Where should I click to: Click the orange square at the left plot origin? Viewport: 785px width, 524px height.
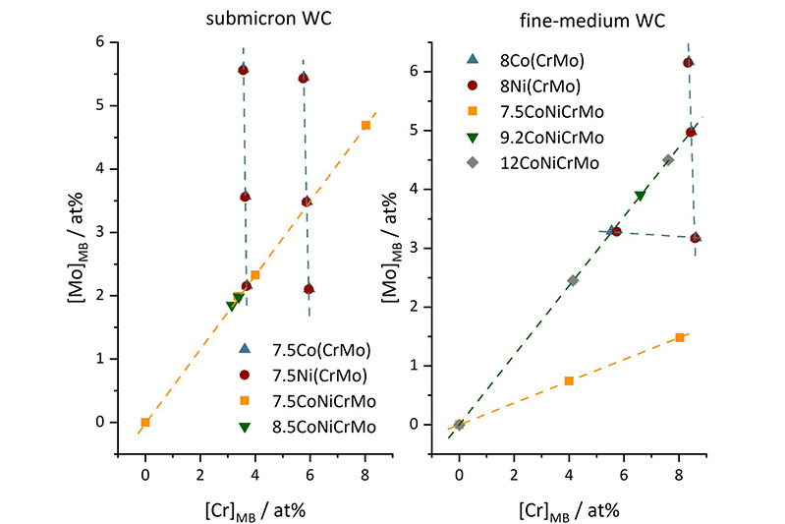pyautogui.click(x=145, y=422)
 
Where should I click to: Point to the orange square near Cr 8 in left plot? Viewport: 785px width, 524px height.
pyautogui.click(x=365, y=125)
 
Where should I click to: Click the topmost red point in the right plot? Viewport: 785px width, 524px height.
pyautogui.click(x=688, y=63)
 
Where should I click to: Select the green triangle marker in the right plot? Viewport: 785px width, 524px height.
pyautogui.click(x=640, y=196)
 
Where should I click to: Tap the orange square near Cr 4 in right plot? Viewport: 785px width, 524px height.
pyautogui.click(x=569, y=380)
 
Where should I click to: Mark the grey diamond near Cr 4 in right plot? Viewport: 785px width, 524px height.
pyautogui.click(x=573, y=280)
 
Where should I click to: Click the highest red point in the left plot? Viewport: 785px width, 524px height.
pyautogui.click(x=243, y=70)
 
